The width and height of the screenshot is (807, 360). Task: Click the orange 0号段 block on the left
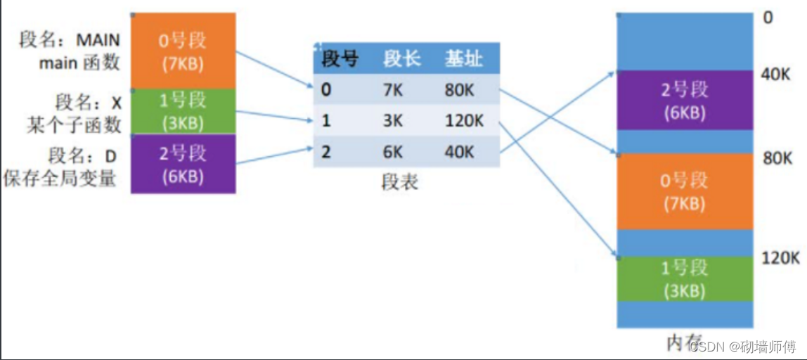[183, 51]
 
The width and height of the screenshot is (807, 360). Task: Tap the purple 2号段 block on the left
[183, 164]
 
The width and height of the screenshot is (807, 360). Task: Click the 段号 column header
[340, 59]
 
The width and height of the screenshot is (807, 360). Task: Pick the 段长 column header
[402, 59]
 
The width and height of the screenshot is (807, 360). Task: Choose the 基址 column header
[464, 59]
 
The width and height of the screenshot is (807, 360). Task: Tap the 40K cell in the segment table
[460, 151]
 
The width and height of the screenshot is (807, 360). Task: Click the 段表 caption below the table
[399, 182]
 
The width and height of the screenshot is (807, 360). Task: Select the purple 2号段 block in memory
[685, 101]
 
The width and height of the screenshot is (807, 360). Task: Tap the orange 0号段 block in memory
[685, 192]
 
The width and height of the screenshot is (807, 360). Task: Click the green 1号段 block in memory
[685, 280]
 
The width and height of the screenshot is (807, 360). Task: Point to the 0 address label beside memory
[768, 17]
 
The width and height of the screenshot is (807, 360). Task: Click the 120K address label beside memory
[781, 258]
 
